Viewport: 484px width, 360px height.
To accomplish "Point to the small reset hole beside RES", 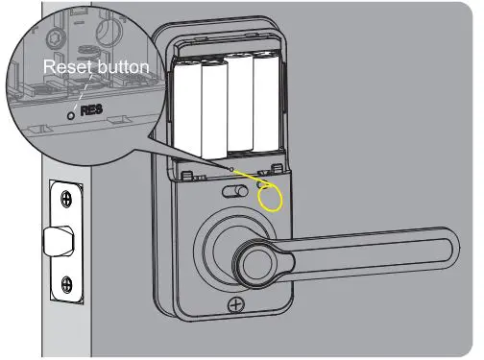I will [x=74, y=110].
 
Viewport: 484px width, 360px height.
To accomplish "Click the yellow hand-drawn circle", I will [x=272, y=195].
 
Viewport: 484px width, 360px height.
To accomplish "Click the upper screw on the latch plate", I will [x=65, y=200].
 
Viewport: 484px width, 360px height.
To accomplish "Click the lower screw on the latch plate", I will [x=65, y=284].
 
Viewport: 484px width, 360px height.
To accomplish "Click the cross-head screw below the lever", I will [x=235, y=305].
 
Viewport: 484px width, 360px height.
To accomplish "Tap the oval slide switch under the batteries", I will [x=231, y=192].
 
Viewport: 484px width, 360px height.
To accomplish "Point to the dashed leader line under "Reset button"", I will [x=81, y=91].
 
